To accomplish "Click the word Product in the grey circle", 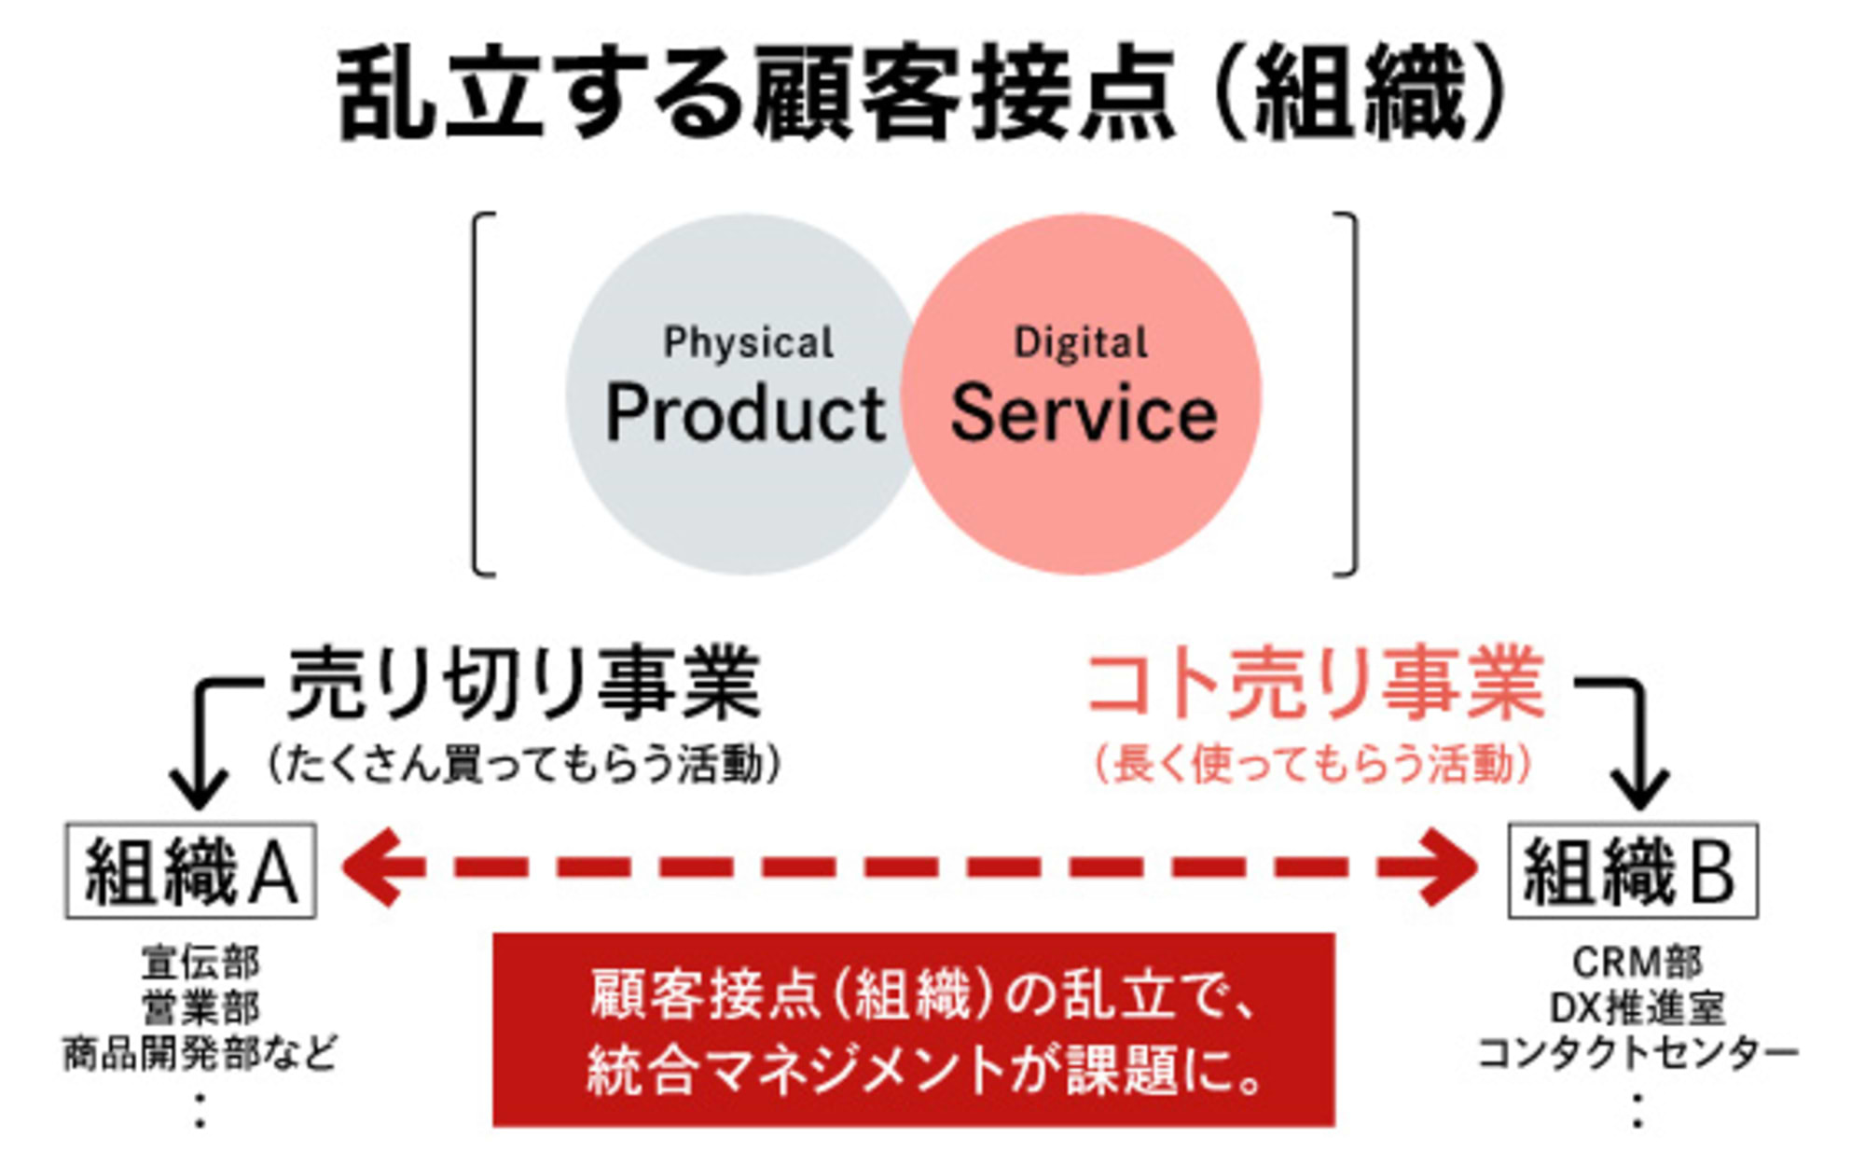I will point(744,413).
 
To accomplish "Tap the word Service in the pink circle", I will point(1084,413).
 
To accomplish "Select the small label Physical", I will point(748,342).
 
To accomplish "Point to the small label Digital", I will point(1081,342).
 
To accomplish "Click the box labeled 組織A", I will point(190,870).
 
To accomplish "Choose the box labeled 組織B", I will point(1633,870).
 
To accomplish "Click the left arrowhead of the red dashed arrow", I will point(373,867).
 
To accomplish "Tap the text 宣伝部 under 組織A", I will point(200,963).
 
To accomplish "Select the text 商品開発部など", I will point(200,1054).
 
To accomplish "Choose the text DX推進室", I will point(1637,1008).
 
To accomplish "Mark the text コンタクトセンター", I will point(1637,1054).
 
